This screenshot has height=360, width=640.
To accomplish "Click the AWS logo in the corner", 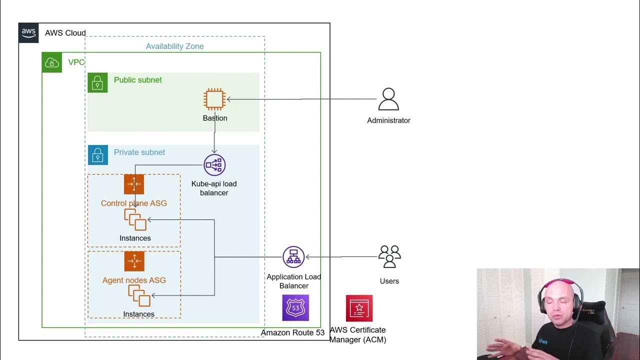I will point(28,32).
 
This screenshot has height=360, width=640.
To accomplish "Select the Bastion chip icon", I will point(214,99).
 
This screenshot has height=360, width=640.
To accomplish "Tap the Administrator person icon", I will point(388,99).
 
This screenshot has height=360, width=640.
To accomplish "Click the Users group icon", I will point(389,256).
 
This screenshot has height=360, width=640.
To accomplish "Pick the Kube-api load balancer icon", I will point(214,165).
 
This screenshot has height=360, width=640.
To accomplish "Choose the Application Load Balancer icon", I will point(293,257).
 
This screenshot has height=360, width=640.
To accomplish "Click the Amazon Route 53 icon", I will point(295,307).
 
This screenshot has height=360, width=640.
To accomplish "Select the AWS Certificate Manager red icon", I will point(359,308).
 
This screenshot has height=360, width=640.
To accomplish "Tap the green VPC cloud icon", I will point(52,62).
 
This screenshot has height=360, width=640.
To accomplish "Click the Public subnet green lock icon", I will point(97,82).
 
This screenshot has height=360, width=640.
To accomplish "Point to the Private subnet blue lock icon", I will point(97,155).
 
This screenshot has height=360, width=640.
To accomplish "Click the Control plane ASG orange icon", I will point(134,184).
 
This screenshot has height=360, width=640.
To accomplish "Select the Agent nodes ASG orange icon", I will point(134,261).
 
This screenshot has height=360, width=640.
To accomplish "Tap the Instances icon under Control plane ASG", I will point(135,219).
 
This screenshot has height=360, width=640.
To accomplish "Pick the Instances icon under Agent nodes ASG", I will point(139,295).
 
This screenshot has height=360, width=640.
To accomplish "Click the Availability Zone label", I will point(174,46).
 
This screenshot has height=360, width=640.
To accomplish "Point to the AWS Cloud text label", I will point(65,33).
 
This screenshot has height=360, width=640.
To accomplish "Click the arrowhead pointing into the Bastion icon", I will point(229,99).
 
